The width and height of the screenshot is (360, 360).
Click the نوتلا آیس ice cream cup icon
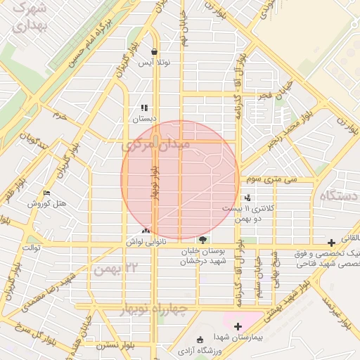[x=155, y=51]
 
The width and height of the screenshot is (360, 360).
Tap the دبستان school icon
[x=144, y=108]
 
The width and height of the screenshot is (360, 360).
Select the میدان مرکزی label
[x=166, y=145]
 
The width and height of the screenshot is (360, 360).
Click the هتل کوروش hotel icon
[x=46, y=193]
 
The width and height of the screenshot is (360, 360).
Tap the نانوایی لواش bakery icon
[x=146, y=231]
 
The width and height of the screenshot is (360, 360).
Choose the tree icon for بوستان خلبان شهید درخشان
[x=203, y=240]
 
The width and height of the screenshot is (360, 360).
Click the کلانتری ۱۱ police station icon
[x=247, y=198]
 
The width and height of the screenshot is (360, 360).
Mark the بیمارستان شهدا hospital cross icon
[x=238, y=326]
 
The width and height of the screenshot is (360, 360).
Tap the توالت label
[x=33, y=247]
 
